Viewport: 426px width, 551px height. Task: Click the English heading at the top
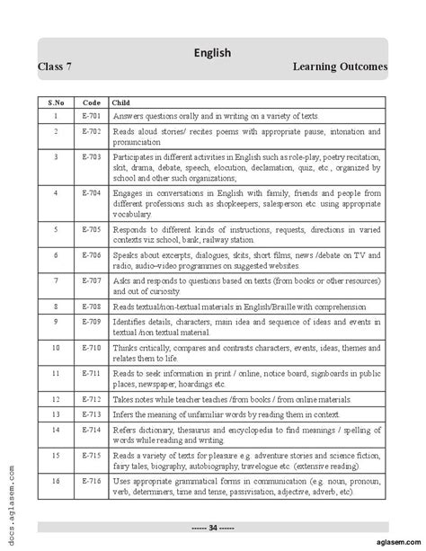213,52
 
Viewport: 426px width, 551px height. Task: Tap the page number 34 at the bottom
213,526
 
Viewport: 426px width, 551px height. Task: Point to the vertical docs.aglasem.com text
8,503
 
